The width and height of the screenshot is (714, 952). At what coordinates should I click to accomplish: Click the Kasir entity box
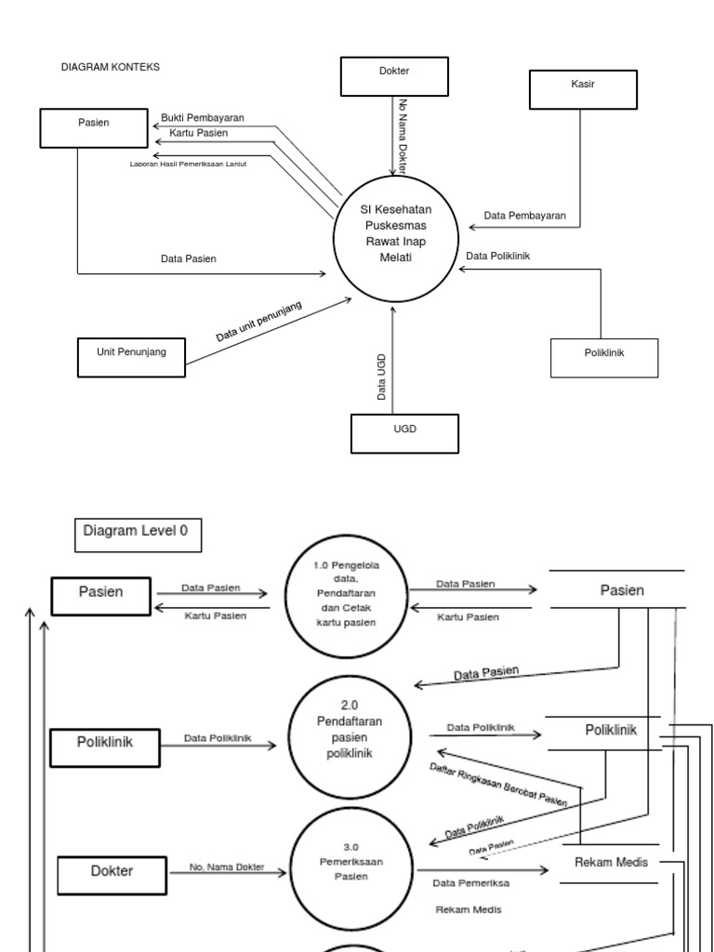583,90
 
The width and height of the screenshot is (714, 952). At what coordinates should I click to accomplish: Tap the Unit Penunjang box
131,352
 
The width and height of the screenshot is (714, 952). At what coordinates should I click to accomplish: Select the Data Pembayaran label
525,216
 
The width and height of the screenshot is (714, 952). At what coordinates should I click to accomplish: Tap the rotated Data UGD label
381,377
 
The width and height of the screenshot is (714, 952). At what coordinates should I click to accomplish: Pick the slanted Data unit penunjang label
259,323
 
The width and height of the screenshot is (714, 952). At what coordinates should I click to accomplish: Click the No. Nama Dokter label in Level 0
226,868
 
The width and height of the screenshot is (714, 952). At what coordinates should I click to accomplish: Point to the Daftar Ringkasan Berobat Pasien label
499,784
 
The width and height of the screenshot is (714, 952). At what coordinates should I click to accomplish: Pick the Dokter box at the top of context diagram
394,76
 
